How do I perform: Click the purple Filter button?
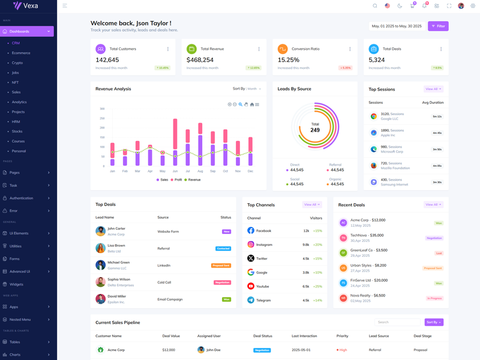click(x=438, y=26)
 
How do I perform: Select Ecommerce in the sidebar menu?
click(x=21, y=53)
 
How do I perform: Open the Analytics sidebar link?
click(x=19, y=102)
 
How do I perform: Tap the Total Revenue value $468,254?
click(x=200, y=60)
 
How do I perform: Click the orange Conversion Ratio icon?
click(x=282, y=49)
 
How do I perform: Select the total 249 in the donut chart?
click(x=315, y=130)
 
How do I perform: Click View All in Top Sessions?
click(x=433, y=89)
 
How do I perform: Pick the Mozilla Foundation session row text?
click(x=395, y=168)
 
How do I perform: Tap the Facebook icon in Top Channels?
click(x=251, y=231)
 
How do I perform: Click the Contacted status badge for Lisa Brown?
click(x=223, y=248)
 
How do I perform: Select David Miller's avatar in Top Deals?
click(x=100, y=298)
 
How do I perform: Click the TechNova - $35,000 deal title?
click(x=367, y=235)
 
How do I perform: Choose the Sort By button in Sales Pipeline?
click(x=434, y=322)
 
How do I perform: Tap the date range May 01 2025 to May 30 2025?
click(x=397, y=26)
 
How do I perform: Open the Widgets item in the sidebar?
click(x=16, y=284)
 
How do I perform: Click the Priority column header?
click(x=343, y=336)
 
